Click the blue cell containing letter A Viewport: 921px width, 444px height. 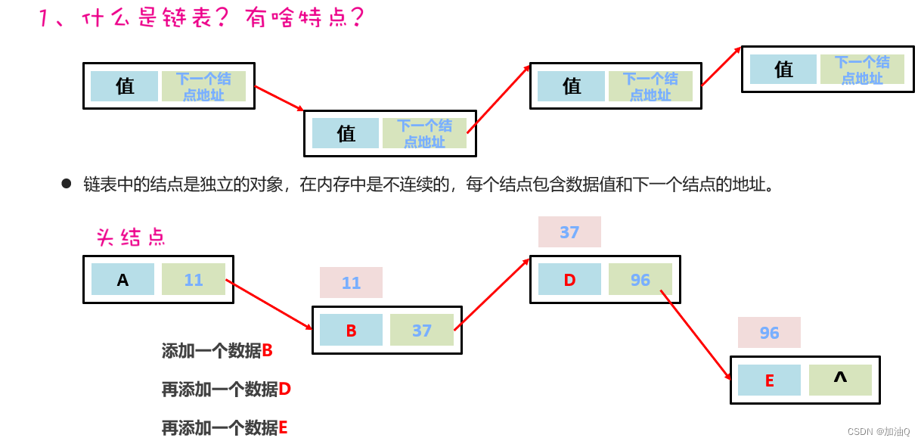[x=122, y=279]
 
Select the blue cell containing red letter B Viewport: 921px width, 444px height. [x=351, y=331]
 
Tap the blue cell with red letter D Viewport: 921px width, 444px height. [x=569, y=279]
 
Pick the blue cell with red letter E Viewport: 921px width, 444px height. [x=769, y=380]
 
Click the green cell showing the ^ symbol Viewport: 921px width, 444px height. [x=840, y=380]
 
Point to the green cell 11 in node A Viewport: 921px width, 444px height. [x=194, y=279]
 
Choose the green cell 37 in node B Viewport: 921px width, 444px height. [x=422, y=330]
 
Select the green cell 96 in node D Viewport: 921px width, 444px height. [x=640, y=279]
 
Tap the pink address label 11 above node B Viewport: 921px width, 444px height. [x=351, y=283]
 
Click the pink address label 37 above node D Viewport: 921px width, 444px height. [x=569, y=232]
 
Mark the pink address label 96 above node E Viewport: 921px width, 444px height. [x=769, y=333]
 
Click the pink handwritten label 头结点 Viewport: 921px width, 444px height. [x=131, y=238]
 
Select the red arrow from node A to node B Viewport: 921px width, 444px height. [x=268, y=304]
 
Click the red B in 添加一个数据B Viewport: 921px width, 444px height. [x=267, y=351]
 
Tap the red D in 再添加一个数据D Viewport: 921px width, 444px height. [x=284, y=390]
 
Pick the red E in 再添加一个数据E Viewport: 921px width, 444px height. [x=283, y=428]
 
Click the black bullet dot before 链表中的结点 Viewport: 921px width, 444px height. [x=67, y=184]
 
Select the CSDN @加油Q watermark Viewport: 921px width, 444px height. [x=878, y=432]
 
